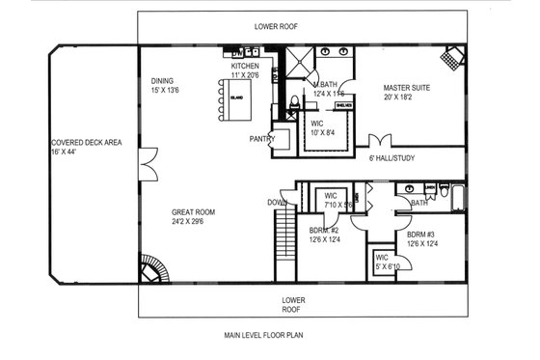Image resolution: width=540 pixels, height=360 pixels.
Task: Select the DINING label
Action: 163,81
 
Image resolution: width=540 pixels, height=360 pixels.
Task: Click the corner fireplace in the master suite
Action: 453,56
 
